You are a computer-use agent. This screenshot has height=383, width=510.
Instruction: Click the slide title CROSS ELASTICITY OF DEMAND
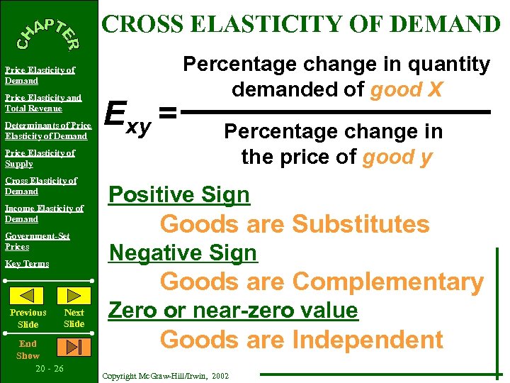click(302, 24)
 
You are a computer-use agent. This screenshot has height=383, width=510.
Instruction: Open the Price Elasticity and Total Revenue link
click(43, 103)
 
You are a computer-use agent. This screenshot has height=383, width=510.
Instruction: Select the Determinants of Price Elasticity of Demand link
click(46, 131)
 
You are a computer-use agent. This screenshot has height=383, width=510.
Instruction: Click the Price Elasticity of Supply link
click(40, 158)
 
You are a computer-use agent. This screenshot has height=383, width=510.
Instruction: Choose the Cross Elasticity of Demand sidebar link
click(40, 186)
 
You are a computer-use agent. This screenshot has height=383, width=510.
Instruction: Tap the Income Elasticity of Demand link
click(44, 213)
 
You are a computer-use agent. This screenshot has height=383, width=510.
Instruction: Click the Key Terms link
click(27, 264)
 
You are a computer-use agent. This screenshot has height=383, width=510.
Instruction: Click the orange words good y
click(397, 156)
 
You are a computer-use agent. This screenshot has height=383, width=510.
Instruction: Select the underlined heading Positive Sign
click(178, 195)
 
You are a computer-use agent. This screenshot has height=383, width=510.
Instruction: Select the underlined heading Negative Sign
click(183, 252)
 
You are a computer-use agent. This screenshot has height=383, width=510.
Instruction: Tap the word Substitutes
click(361, 224)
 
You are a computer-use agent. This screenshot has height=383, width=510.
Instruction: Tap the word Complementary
click(387, 282)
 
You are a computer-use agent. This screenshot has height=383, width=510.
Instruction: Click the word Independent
click(368, 340)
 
